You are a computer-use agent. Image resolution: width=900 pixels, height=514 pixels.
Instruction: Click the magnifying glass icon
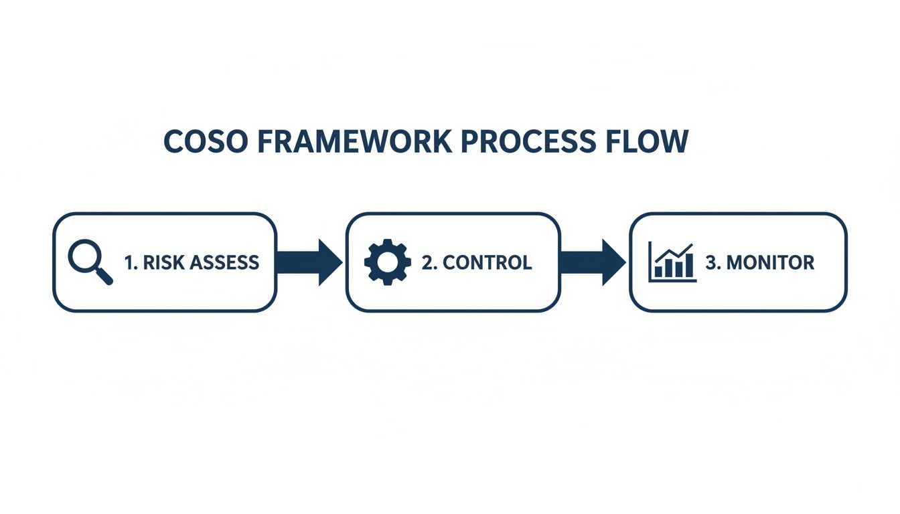[89, 262]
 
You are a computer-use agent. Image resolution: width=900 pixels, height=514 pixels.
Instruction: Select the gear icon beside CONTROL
[387, 262]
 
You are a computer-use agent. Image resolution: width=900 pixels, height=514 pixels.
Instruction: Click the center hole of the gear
[387, 262]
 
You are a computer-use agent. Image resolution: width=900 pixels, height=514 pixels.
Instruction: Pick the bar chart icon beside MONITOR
[672, 262]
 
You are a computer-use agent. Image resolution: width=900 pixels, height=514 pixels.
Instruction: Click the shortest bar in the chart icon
[659, 271]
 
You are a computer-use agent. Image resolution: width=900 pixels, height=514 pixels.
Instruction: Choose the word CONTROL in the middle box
[487, 262]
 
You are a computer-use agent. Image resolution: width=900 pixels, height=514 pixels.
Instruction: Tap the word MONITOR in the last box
[770, 262]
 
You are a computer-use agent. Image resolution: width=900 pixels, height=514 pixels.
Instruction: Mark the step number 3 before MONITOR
[711, 262]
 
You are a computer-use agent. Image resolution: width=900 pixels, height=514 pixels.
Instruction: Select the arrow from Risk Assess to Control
[309, 262]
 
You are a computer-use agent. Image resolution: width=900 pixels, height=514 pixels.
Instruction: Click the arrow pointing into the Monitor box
[593, 262]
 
